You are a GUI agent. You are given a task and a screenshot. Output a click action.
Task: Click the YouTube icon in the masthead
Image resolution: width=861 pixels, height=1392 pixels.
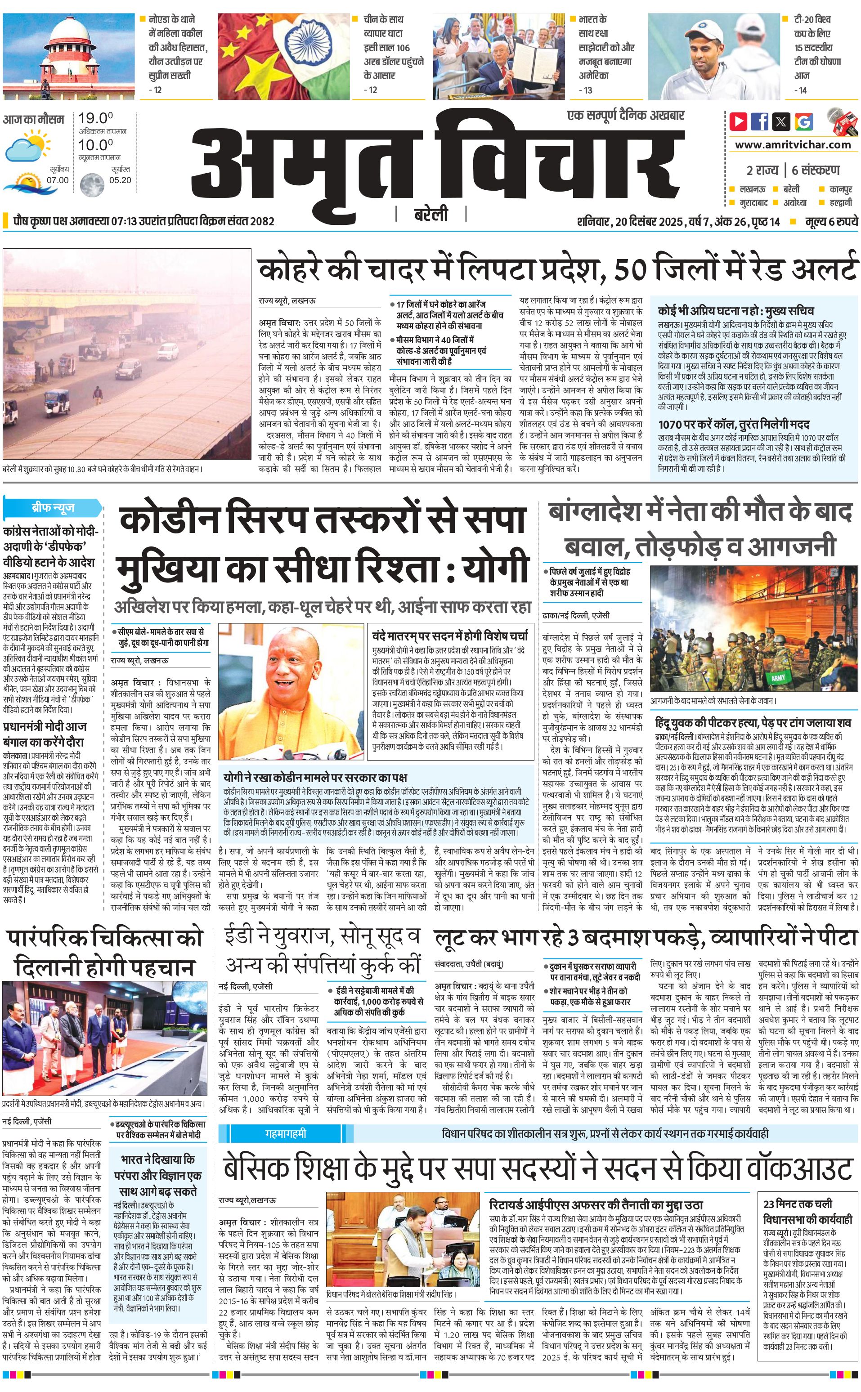point(739,121)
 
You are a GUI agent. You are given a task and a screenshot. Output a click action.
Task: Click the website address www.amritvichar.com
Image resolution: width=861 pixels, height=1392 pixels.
point(793,145)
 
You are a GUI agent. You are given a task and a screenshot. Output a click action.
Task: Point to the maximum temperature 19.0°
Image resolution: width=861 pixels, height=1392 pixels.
point(96,118)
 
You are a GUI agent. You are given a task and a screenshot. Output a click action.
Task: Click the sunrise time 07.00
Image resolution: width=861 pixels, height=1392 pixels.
point(58,180)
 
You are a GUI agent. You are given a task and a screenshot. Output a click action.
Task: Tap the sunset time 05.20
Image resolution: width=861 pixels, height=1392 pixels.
point(120,180)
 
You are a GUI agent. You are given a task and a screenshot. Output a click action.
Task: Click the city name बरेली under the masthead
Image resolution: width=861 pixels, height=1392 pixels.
point(430,215)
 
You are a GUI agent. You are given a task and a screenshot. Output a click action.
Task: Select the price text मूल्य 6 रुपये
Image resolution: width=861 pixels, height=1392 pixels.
point(831,221)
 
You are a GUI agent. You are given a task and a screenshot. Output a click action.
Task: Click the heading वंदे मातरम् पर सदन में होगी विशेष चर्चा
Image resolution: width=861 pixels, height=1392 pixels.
point(450,636)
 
